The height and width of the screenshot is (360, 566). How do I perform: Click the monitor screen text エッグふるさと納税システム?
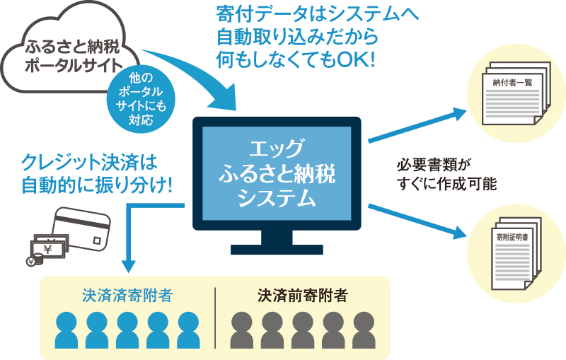pyautogui.click(x=277, y=174)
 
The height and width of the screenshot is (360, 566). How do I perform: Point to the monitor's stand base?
pyautogui.click(x=277, y=248)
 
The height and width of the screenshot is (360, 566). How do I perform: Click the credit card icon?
pyautogui.click(x=83, y=226)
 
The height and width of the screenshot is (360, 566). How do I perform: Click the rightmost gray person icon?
pyautogui.click(x=364, y=330)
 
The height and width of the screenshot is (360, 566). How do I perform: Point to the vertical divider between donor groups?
pyautogui.click(x=215, y=318)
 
